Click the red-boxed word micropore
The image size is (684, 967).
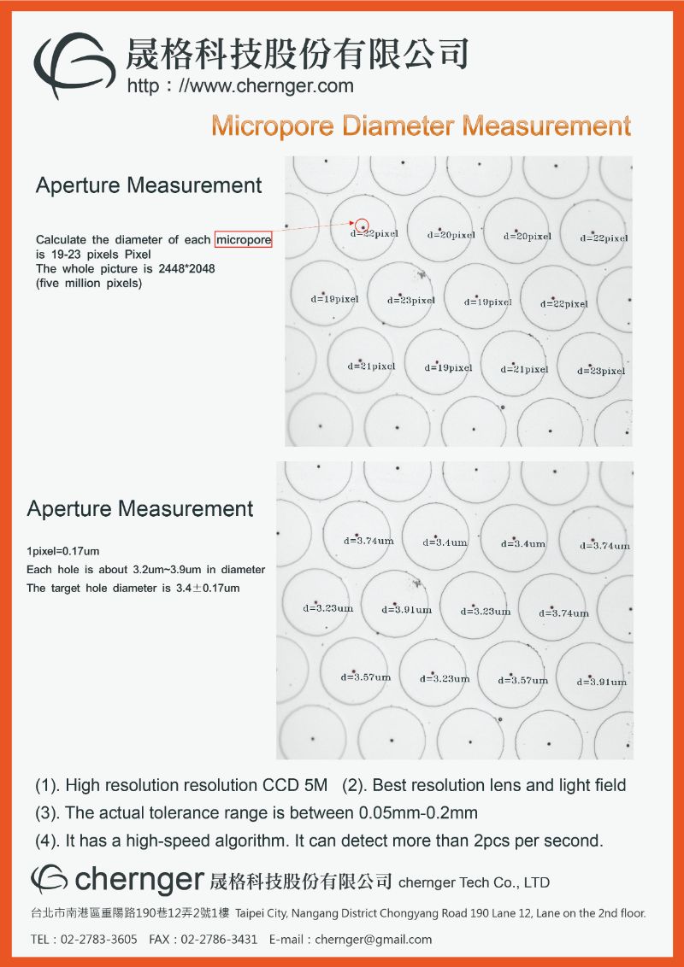pos(244,240)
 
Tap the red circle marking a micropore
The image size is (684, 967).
pos(363,225)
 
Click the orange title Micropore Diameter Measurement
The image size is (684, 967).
pos(421,126)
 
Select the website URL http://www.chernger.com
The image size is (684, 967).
pos(240,85)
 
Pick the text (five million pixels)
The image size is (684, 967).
pos(89,284)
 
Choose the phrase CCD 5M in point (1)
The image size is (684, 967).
pos(295,785)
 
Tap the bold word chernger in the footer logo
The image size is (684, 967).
pos(139,880)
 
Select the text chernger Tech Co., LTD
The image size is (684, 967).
pos(474,882)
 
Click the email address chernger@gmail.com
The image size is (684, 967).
pos(373,939)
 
